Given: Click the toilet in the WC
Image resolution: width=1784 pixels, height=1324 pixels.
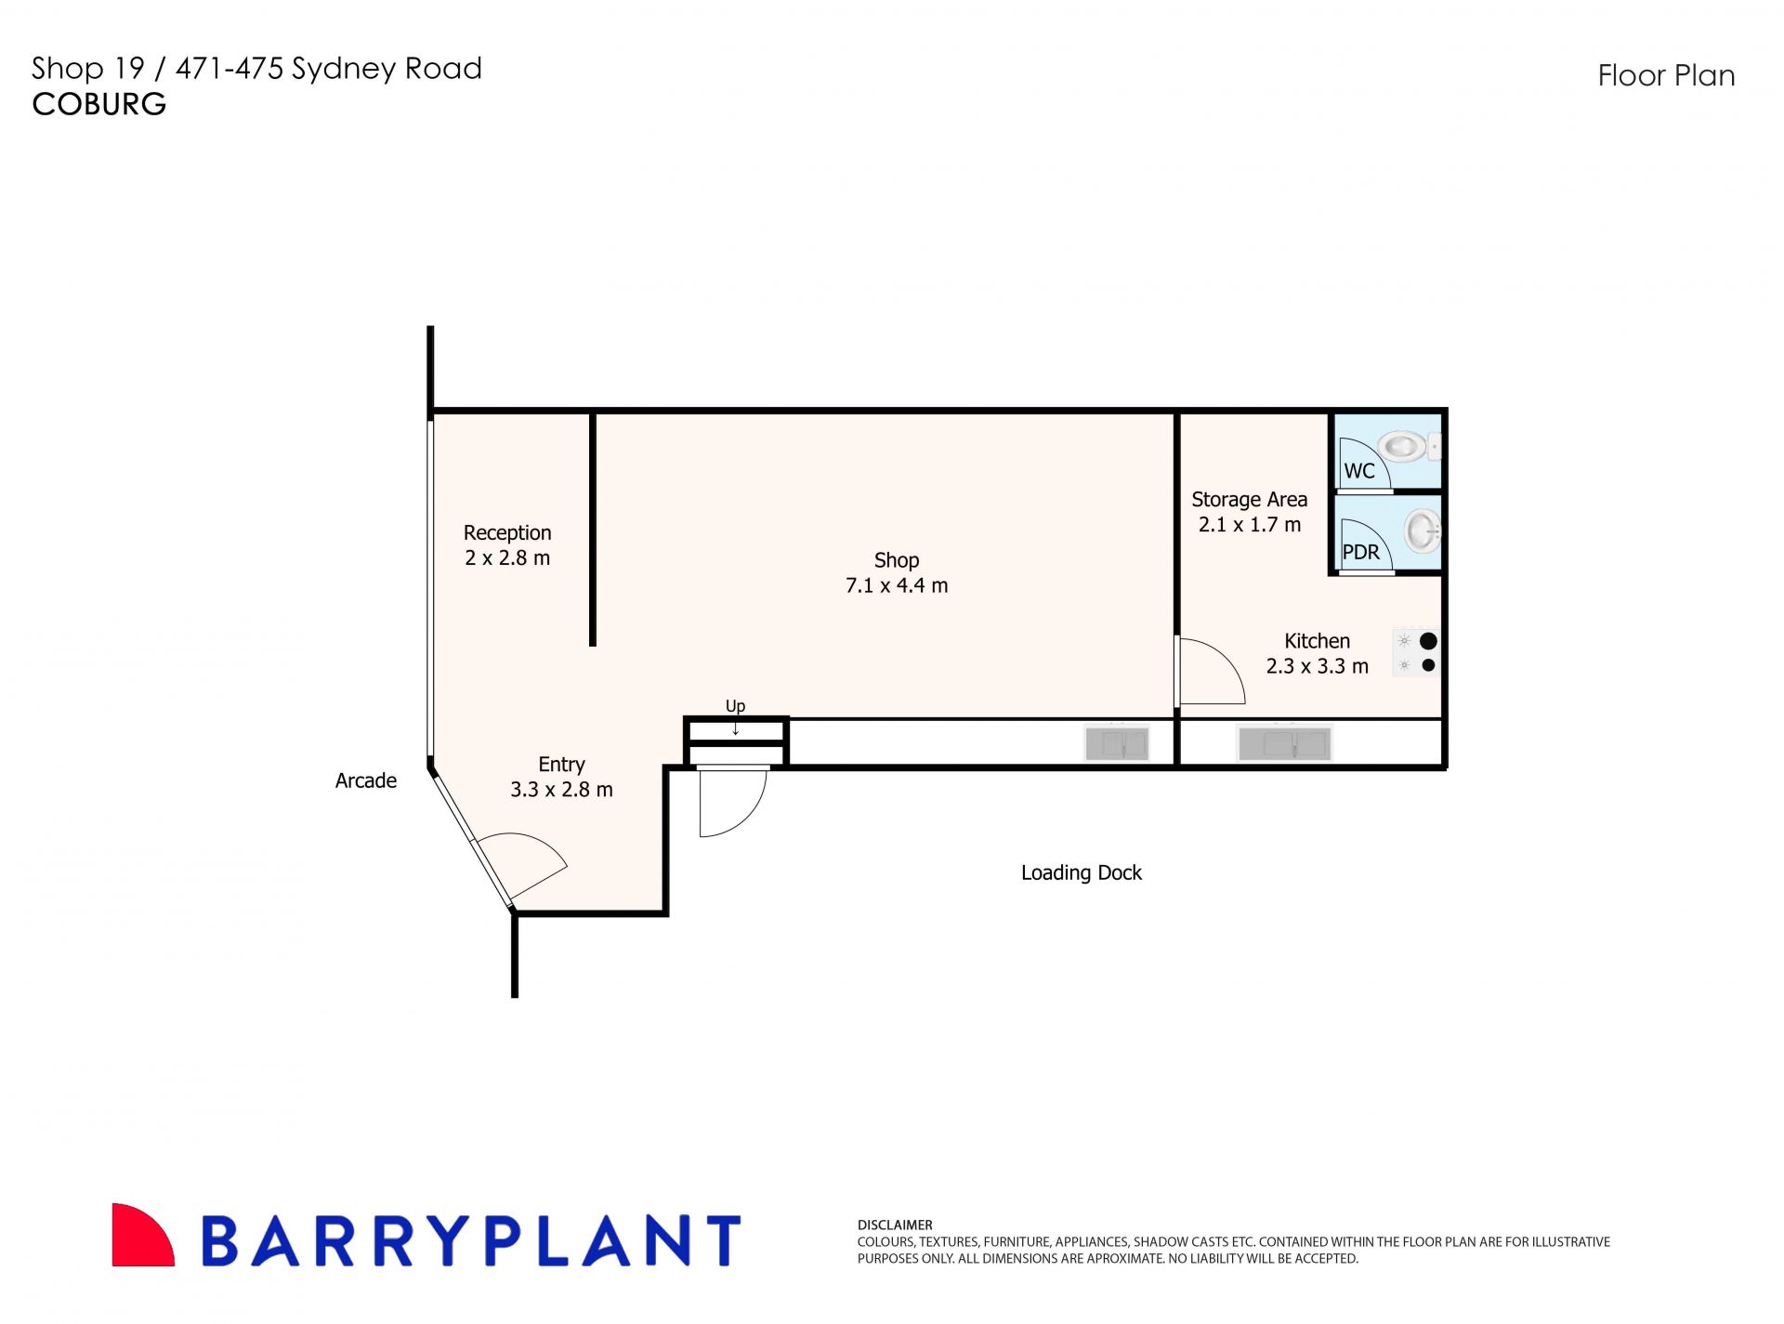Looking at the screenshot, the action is [x=1408, y=447].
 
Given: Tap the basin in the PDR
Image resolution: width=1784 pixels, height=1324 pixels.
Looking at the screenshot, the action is [x=1423, y=531].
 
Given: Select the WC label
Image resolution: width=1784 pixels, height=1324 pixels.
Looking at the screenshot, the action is [x=1359, y=471].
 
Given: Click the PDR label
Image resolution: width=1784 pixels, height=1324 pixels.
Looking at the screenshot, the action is [x=1361, y=552].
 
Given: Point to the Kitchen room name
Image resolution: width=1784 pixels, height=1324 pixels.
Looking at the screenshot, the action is [x=1317, y=641].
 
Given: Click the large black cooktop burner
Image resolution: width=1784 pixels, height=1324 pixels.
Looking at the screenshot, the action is [x=1428, y=641].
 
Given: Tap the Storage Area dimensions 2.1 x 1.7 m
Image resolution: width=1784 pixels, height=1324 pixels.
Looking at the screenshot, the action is [x=1250, y=525].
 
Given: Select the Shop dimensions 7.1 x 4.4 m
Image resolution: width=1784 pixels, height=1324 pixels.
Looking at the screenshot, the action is [x=897, y=585].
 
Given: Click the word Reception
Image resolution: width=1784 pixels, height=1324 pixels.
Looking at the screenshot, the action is [x=507, y=533].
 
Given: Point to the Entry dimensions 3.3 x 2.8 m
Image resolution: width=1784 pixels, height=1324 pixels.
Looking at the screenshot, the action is [x=561, y=790].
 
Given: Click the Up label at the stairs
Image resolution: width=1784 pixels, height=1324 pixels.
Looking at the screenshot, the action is [x=735, y=706].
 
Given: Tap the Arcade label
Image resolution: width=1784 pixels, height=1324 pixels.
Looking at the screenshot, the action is [x=366, y=780].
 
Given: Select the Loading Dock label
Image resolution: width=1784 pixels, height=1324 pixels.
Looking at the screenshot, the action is [x=1082, y=872].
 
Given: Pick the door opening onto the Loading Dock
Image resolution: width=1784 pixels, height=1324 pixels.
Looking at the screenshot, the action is [x=733, y=801].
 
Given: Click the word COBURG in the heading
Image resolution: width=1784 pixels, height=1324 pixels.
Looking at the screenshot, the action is [x=99, y=104].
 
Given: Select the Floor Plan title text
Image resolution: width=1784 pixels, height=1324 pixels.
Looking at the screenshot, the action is [x=1666, y=75].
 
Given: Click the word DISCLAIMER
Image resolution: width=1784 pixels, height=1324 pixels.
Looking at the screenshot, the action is [x=895, y=1226].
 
